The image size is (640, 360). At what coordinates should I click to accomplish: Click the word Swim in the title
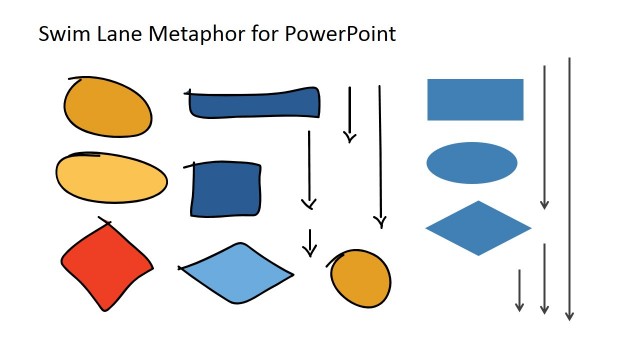click(x=61, y=34)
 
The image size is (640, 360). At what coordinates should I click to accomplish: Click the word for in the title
click(x=265, y=34)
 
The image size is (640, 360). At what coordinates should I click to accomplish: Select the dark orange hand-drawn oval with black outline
click(x=108, y=106)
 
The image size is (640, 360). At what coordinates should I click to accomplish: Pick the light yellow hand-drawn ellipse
click(x=111, y=178)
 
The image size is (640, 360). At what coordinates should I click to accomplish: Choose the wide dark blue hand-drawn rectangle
click(x=254, y=103)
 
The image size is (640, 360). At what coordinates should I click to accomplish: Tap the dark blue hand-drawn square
click(x=226, y=188)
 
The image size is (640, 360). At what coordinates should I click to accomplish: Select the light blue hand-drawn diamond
click(x=237, y=271)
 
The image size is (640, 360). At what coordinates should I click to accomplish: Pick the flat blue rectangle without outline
click(x=475, y=99)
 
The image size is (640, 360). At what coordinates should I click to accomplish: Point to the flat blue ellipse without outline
click(x=472, y=163)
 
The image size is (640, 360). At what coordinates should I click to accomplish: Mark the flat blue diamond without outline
click(x=478, y=228)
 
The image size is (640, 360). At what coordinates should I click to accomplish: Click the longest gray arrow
click(x=569, y=190)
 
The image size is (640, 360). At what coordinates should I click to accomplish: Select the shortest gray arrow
click(x=520, y=290)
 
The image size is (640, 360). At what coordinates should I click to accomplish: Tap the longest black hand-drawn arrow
click(x=380, y=155)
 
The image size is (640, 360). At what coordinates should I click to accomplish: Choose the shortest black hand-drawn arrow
click(x=310, y=243)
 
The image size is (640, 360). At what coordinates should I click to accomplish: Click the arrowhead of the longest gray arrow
click(x=569, y=316)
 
